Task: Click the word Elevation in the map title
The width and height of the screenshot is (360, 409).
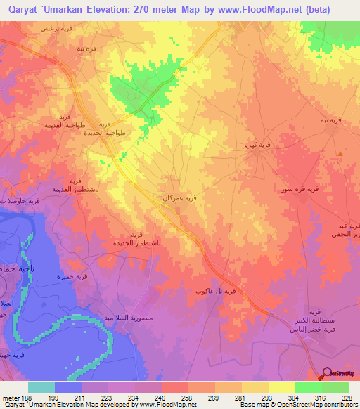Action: [113, 8]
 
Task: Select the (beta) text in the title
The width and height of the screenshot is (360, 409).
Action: [314, 8]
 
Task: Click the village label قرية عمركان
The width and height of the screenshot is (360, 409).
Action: [185, 199]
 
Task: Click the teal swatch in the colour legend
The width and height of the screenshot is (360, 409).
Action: [41, 387]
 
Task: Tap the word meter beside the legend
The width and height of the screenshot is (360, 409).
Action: [9, 398]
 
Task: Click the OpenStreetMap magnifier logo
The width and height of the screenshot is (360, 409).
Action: [328, 374]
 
